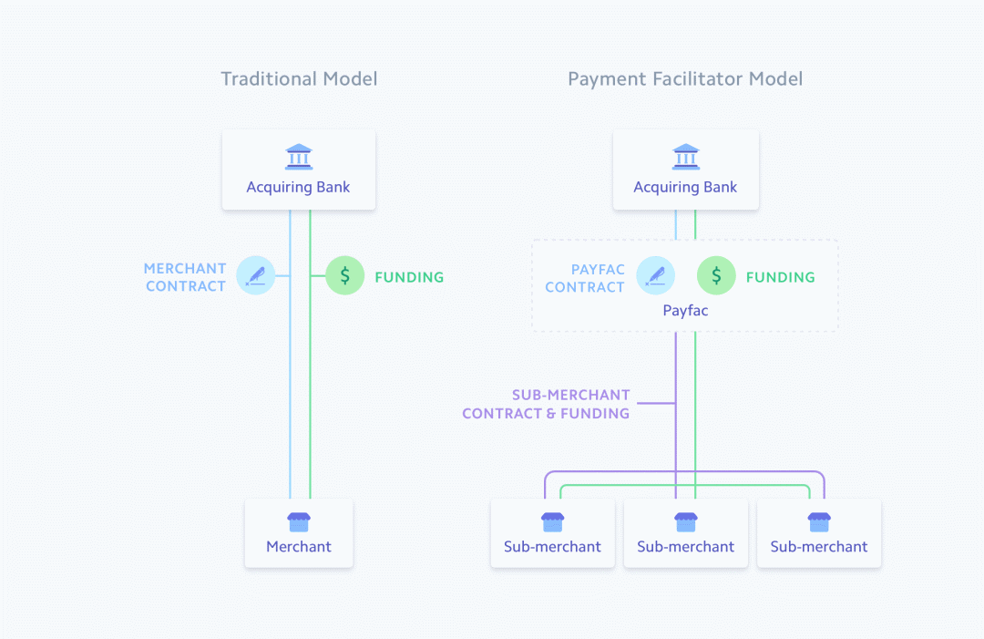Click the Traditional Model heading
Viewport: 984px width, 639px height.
coord(299,79)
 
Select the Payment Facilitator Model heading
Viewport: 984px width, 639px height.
coord(685,79)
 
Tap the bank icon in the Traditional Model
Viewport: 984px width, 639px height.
coord(298,157)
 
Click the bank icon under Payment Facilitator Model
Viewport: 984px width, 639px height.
coord(685,157)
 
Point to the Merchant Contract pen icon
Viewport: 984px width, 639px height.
coord(256,275)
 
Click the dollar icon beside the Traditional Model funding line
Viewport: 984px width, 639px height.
coord(344,275)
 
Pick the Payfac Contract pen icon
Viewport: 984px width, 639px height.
coord(655,275)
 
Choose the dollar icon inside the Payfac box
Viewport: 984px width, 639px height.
coord(716,275)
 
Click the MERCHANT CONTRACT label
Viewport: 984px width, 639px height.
coord(185,277)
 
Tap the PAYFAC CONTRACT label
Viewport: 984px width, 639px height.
coord(584,278)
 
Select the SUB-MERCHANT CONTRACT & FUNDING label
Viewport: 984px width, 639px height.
coord(546,404)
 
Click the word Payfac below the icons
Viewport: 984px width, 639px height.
coord(685,311)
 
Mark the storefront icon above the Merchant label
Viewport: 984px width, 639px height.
coord(299,521)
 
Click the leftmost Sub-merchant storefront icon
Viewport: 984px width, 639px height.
coord(552,521)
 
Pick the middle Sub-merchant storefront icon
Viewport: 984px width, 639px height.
coord(685,521)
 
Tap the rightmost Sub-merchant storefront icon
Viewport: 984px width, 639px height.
coord(818,521)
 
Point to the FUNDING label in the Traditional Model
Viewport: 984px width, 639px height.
coord(409,277)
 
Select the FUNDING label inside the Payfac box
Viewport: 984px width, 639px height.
coord(780,277)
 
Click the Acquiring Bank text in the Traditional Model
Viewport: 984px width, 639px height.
coord(298,188)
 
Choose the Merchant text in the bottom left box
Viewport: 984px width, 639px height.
coord(299,547)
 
